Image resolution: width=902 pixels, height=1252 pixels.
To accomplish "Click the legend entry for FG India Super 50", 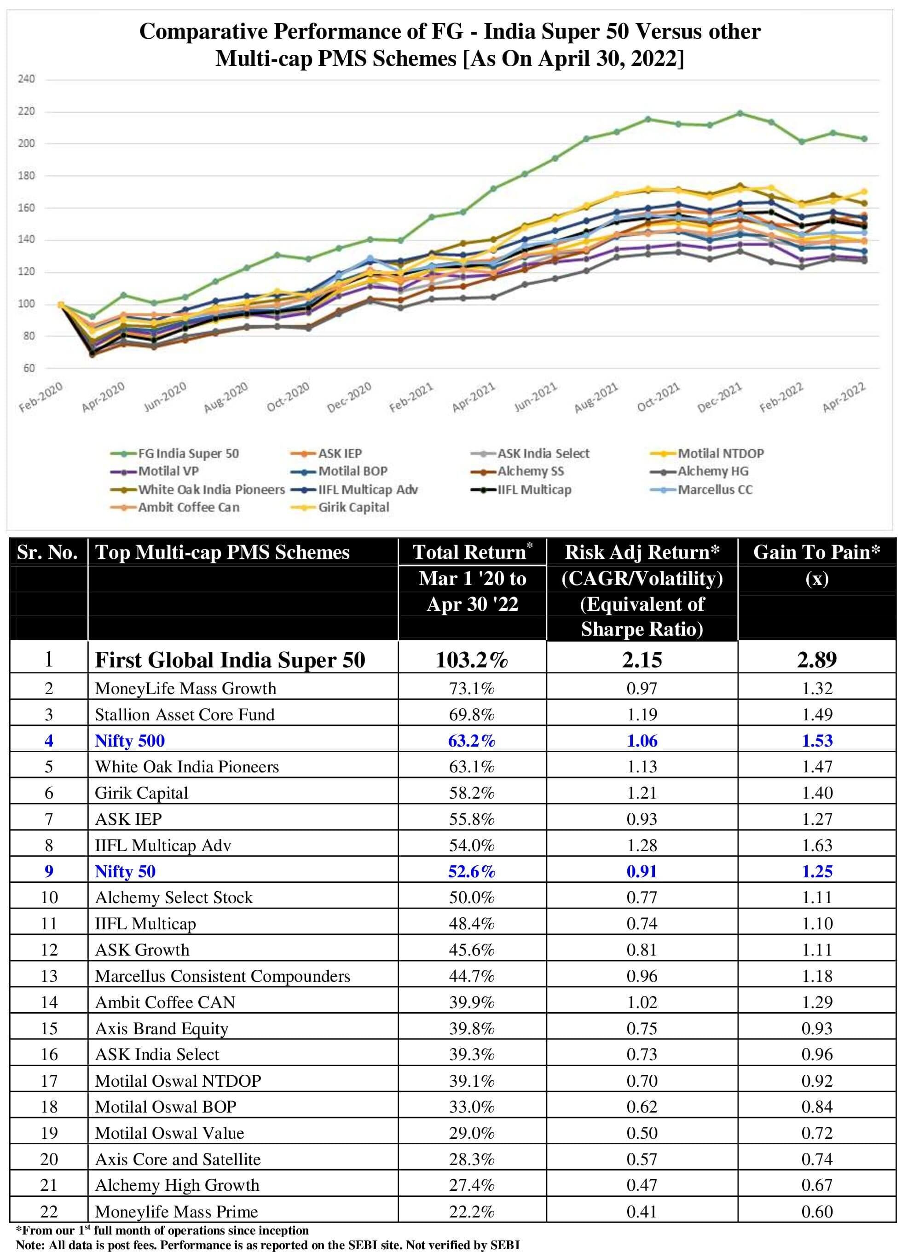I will (188, 454).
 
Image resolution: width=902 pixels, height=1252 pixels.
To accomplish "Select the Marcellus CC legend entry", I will (714, 490).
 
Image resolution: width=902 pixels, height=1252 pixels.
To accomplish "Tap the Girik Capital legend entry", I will (353, 507).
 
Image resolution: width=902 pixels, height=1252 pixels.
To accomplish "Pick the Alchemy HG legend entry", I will (713, 471).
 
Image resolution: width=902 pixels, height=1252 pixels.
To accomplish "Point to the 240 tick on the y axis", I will (26, 79).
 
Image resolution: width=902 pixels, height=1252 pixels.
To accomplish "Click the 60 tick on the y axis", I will (29, 368).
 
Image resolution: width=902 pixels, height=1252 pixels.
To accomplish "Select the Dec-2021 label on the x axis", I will (719, 397).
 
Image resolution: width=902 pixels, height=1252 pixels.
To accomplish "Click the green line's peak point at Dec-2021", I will (740, 114).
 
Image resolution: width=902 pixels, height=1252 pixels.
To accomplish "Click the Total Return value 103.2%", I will (471, 660).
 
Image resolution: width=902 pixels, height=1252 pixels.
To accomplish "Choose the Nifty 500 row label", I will (130, 741).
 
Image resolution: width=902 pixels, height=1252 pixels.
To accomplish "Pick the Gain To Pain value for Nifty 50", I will (816, 872).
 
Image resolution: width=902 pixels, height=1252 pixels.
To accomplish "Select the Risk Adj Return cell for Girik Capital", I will (642, 793).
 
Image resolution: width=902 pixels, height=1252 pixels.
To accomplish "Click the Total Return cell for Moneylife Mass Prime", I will (471, 1211).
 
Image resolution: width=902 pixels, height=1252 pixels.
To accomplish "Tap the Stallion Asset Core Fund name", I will (185, 715).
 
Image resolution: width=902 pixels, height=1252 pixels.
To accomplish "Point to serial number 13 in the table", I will (49, 976).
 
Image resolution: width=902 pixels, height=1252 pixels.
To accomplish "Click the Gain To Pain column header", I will (816, 552).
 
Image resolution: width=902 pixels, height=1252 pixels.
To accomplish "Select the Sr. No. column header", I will (47, 552).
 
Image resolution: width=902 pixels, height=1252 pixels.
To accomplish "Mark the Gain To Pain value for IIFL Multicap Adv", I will (816, 846).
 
